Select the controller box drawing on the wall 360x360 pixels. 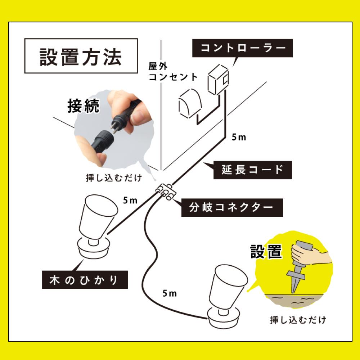(218, 80)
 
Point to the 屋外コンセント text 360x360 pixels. (173, 72)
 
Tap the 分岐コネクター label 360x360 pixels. (231, 207)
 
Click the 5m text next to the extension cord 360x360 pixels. (238, 138)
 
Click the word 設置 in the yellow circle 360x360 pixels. (266, 252)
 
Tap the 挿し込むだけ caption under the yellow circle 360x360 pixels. (298, 320)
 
